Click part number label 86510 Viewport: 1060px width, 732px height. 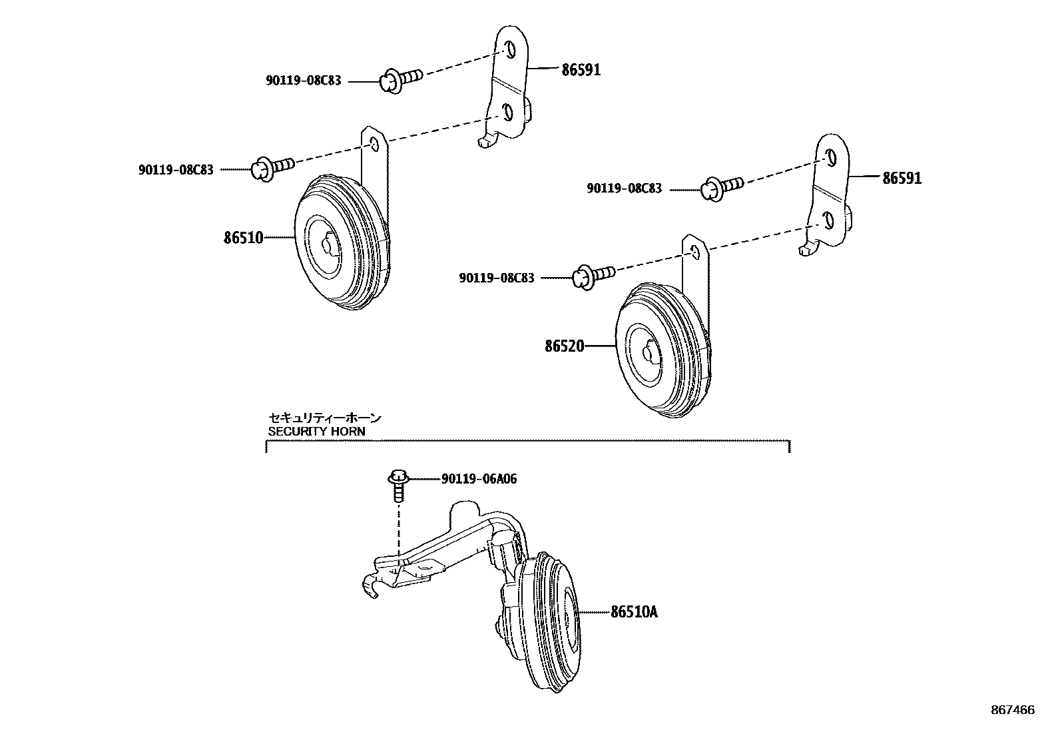pos(243,237)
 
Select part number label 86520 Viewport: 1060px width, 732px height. pos(564,346)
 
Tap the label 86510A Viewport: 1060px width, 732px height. pos(633,611)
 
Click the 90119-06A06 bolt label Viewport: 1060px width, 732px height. pos(478,479)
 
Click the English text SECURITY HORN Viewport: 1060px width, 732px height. pos(316,431)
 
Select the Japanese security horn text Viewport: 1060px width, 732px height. pos(325,418)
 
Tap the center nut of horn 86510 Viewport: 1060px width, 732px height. pos(328,245)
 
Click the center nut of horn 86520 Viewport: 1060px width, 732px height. pos(649,354)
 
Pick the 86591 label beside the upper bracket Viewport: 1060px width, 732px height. pos(581,69)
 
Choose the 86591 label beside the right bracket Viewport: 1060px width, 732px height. pos(902,178)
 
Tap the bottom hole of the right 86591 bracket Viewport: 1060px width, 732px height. pos(829,220)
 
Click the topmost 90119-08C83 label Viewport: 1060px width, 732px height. pos(303,81)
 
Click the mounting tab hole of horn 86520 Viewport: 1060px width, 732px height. pos(695,251)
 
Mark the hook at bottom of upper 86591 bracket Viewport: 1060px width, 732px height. pos(486,141)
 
